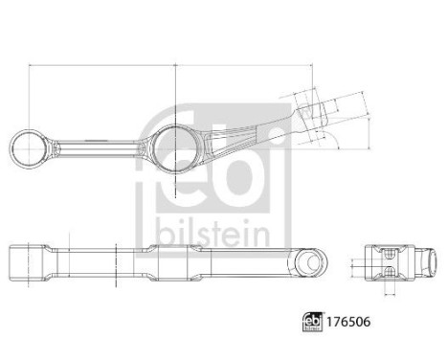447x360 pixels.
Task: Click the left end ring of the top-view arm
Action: pos(26,148)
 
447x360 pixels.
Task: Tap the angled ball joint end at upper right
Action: pos(309,112)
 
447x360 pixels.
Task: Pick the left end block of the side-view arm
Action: pos(29,261)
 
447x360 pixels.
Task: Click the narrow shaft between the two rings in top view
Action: pos(96,148)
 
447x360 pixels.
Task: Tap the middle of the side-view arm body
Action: pos(163,261)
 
